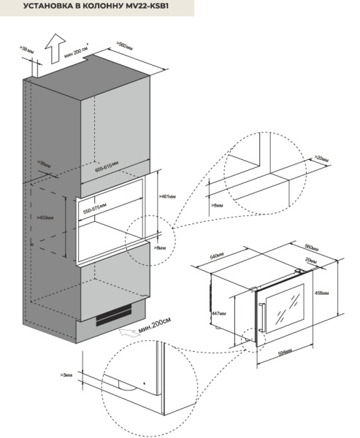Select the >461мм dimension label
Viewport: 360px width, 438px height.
coord(167,197)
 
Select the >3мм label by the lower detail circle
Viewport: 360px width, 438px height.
coord(68,374)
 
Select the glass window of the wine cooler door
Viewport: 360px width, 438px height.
coord(292,306)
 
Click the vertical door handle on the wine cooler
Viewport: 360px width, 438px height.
coord(261,315)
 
